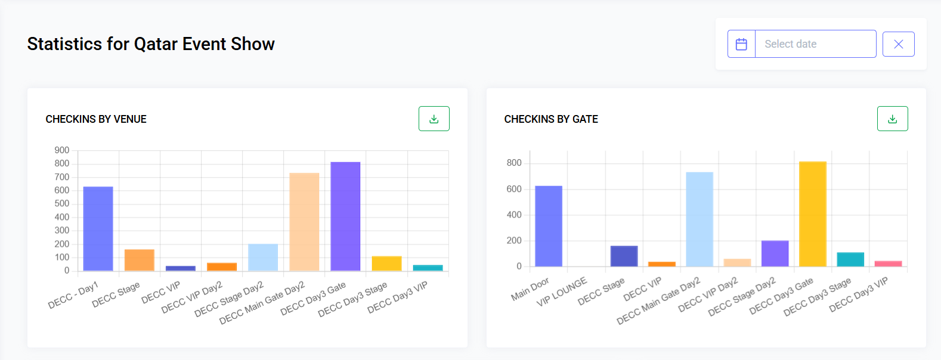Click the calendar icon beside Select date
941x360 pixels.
click(741, 44)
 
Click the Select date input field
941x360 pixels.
click(815, 44)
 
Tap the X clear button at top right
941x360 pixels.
click(898, 44)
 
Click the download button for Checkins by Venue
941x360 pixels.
click(434, 119)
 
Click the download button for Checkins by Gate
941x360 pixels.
click(892, 119)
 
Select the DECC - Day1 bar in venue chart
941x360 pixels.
click(98, 229)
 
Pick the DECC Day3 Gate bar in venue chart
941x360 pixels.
click(345, 217)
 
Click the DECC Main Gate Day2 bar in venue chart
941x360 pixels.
click(304, 222)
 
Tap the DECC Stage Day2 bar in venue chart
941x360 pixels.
click(263, 257)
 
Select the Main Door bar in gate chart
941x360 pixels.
click(548, 226)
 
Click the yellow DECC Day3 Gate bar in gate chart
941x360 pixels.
click(812, 215)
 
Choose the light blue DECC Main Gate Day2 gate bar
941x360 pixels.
click(699, 219)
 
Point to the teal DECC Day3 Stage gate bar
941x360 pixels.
click(850, 260)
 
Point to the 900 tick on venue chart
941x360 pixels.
click(62, 150)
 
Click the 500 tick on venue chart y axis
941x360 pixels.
click(62, 204)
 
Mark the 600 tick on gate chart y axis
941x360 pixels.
click(514, 189)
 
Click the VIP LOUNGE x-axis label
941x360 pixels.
click(562, 292)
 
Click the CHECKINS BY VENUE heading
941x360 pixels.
click(96, 119)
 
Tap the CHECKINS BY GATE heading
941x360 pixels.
click(551, 119)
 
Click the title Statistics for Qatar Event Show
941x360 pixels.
click(151, 44)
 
